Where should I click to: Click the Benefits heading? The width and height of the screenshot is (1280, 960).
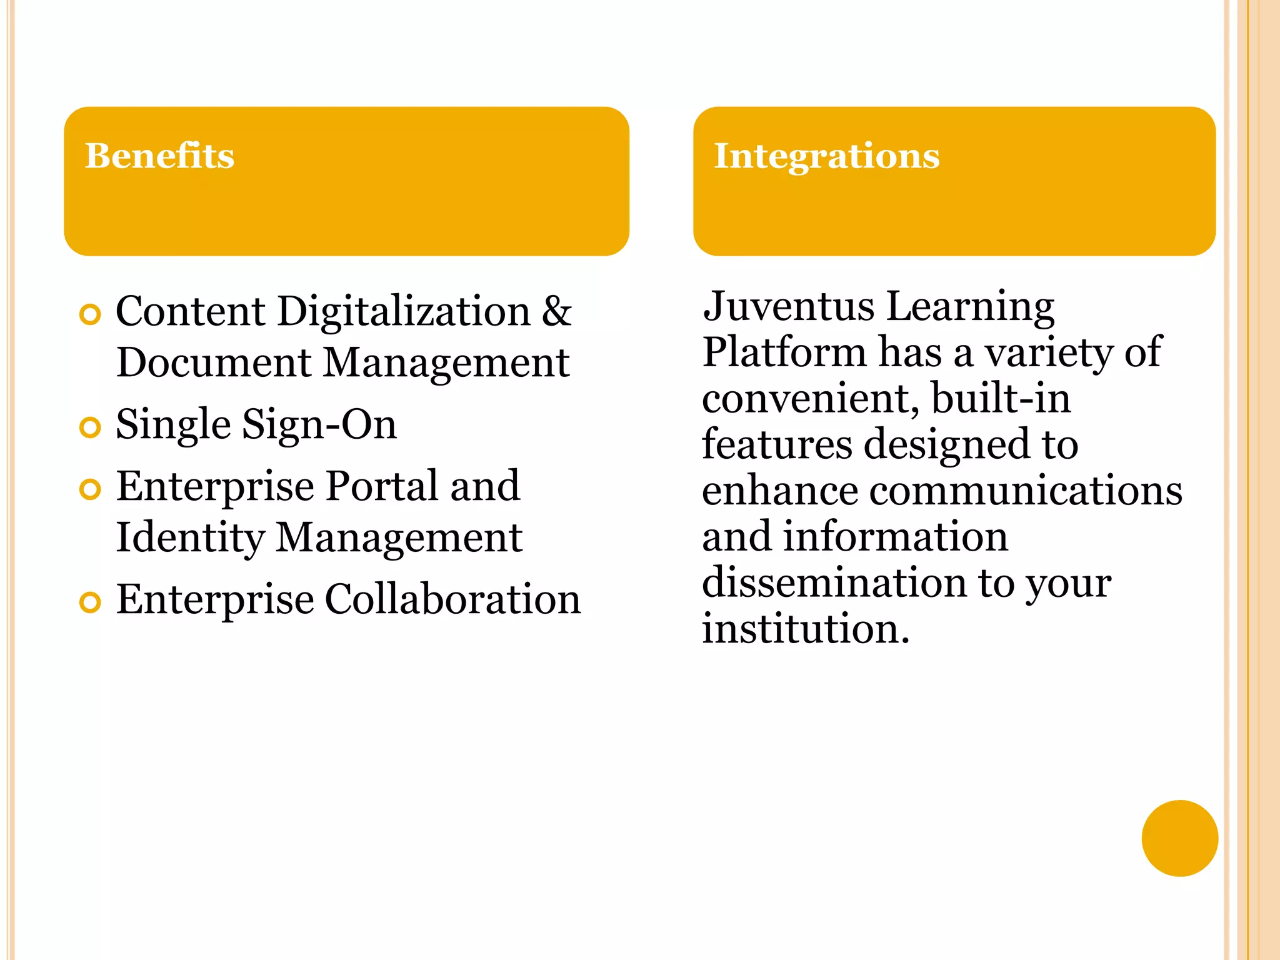pos(159,156)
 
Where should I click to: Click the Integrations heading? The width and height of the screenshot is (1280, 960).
pos(826,156)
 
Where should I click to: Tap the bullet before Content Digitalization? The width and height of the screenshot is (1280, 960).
pos(91,314)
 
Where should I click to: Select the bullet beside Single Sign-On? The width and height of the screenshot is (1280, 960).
pos(91,427)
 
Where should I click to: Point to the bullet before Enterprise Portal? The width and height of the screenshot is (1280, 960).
pos(91,489)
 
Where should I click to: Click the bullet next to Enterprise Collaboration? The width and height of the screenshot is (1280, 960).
pos(91,602)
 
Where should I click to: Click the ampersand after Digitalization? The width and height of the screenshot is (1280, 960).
pos(556,311)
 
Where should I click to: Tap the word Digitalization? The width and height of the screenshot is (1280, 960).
pos(404,312)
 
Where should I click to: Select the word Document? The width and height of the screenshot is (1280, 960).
pos(214,362)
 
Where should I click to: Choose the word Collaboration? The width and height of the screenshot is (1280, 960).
pos(453,599)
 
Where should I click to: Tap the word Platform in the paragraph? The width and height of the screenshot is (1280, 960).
pos(784,352)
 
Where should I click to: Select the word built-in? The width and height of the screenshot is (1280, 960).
pos(1001,398)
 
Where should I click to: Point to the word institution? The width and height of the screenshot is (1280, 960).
pos(805,629)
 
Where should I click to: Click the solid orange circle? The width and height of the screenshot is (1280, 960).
pos(1179,838)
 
